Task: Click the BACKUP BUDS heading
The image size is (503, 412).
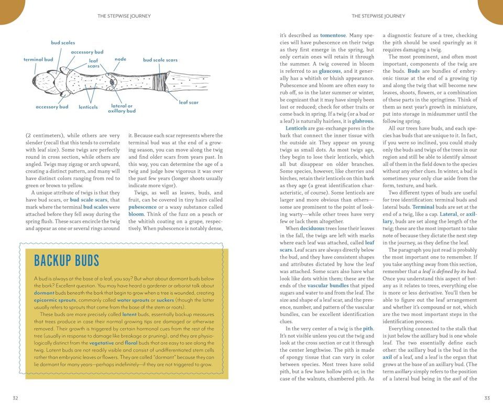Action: click(66, 261)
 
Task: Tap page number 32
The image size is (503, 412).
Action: click(16, 398)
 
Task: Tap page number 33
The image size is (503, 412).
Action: click(487, 398)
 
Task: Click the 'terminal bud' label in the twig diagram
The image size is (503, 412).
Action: click(38, 60)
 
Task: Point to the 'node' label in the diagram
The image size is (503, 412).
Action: click(121, 59)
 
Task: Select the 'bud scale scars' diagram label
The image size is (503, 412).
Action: click(160, 60)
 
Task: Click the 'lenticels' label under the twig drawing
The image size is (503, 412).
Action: click(88, 107)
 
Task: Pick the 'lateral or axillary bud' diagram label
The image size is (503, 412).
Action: click(122, 109)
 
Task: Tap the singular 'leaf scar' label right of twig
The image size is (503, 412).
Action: click(189, 103)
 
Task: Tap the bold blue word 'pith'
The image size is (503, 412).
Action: click(368, 328)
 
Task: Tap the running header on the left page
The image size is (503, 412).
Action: click(124, 16)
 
